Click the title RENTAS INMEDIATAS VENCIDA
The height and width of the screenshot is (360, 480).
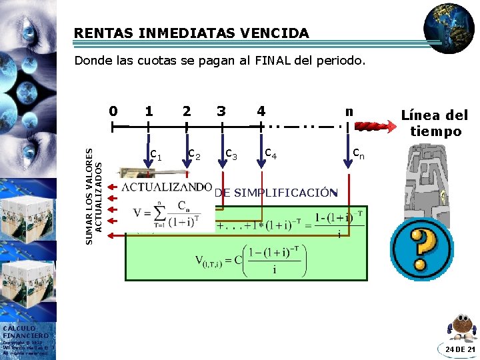[x=191, y=33]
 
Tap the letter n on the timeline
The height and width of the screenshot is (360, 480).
[x=348, y=110]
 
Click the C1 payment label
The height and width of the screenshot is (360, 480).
[x=156, y=155]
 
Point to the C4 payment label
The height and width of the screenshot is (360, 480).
[x=271, y=154]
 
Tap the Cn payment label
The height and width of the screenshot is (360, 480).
[x=359, y=154]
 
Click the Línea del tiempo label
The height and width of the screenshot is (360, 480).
[x=435, y=123]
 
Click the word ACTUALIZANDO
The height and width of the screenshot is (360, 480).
[x=167, y=186]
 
